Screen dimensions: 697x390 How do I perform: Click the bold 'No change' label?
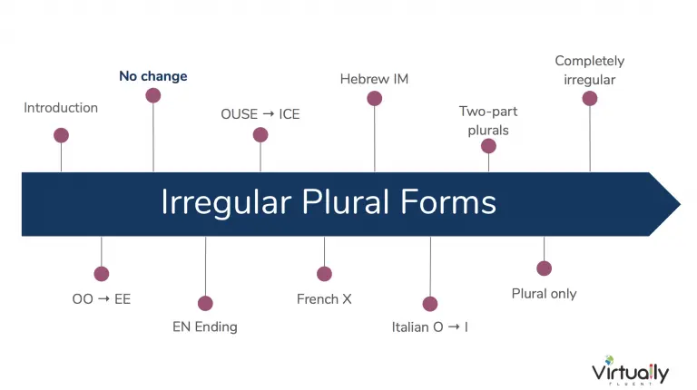pyautogui.click(x=152, y=76)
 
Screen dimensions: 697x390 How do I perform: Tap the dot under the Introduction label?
pyautogui.click(x=61, y=135)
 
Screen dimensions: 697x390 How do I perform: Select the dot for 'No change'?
pyautogui.click(x=152, y=95)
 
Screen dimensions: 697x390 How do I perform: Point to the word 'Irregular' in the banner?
pyautogui.click(x=226, y=203)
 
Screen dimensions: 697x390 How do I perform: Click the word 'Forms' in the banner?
pyautogui.click(x=448, y=202)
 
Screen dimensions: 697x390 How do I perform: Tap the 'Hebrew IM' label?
pyautogui.click(x=374, y=79)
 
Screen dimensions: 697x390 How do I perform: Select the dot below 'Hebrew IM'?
pyautogui.click(x=374, y=98)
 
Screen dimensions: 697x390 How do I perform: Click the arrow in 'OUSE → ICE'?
pyautogui.click(x=269, y=114)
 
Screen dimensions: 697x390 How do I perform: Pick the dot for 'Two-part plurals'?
pyautogui.click(x=488, y=146)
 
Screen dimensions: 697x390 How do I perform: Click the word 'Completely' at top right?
pyautogui.click(x=589, y=62)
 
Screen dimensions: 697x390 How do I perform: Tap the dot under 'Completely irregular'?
pyautogui.click(x=590, y=98)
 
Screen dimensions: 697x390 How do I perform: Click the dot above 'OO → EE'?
pyautogui.click(x=102, y=274)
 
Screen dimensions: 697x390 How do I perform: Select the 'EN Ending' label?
pyautogui.click(x=205, y=327)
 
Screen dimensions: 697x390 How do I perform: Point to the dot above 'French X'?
pyautogui.click(x=324, y=274)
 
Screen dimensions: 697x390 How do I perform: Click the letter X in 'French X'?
pyautogui.click(x=347, y=299)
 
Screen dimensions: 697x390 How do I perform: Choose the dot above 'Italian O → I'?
pyautogui.click(x=430, y=304)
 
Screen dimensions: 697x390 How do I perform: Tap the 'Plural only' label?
pyautogui.click(x=545, y=294)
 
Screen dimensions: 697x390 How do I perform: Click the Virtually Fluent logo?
pyautogui.click(x=631, y=370)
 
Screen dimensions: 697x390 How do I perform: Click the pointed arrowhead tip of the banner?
pyautogui.click(x=680, y=204)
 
